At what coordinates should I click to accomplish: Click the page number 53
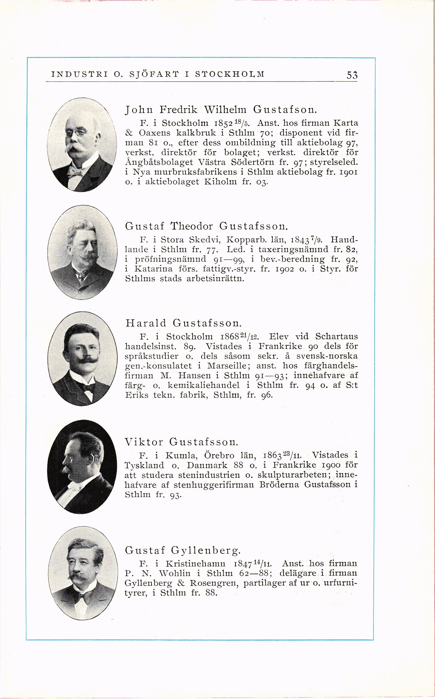[352, 75]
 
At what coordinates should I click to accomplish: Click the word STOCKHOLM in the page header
[230, 74]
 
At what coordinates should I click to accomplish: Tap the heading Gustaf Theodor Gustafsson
[206, 226]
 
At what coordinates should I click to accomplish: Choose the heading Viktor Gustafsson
[181, 442]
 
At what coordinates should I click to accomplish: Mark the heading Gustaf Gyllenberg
[183, 550]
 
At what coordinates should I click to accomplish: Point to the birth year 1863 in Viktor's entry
[272, 455]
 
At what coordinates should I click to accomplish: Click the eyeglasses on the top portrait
[75, 133]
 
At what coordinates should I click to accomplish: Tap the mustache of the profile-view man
[65, 469]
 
